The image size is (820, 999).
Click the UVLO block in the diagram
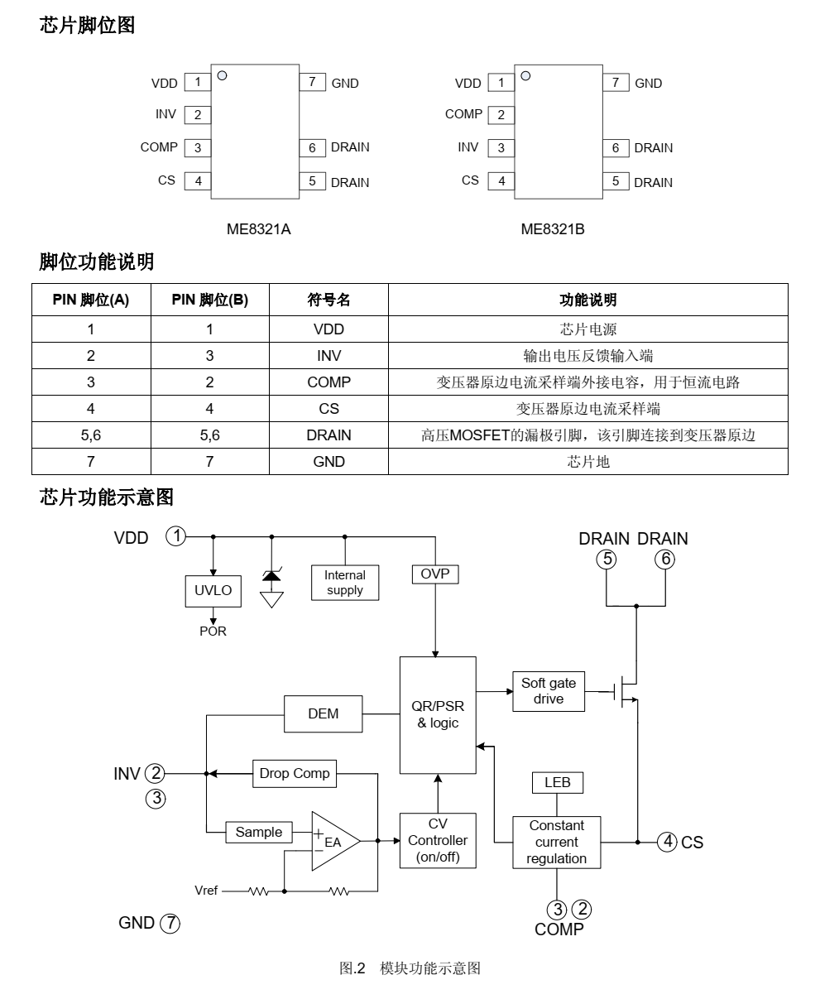pyautogui.click(x=213, y=591)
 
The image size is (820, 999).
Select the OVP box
pyautogui.click(x=434, y=574)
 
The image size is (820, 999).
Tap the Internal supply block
pyautogui.click(x=345, y=583)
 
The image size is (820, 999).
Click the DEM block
pyautogui.click(x=323, y=713)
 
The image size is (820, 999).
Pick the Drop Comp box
pyautogui.click(x=295, y=774)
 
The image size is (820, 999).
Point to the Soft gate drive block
pyautogui.click(x=549, y=691)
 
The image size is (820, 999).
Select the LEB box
pyautogui.click(x=558, y=782)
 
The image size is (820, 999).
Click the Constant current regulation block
pyautogui.click(x=557, y=843)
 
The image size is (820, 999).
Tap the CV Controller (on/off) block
pyautogui.click(x=438, y=840)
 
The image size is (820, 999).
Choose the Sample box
pyautogui.click(x=259, y=833)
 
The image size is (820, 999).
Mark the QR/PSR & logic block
pyautogui.click(x=438, y=715)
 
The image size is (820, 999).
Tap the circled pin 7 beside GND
pyautogui.click(x=170, y=923)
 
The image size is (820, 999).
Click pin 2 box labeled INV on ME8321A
pyautogui.click(x=198, y=115)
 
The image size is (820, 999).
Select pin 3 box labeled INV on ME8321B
pyautogui.click(x=501, y=148)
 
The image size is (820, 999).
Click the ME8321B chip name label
pyautogui.click(x=553, y=229)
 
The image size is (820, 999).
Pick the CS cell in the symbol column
pyautogui.click(x=328, y=409)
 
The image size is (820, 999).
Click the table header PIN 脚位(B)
pyautogui.click(x=209, y=300)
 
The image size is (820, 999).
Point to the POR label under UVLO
pyautogui.click(x=213, y=632)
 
